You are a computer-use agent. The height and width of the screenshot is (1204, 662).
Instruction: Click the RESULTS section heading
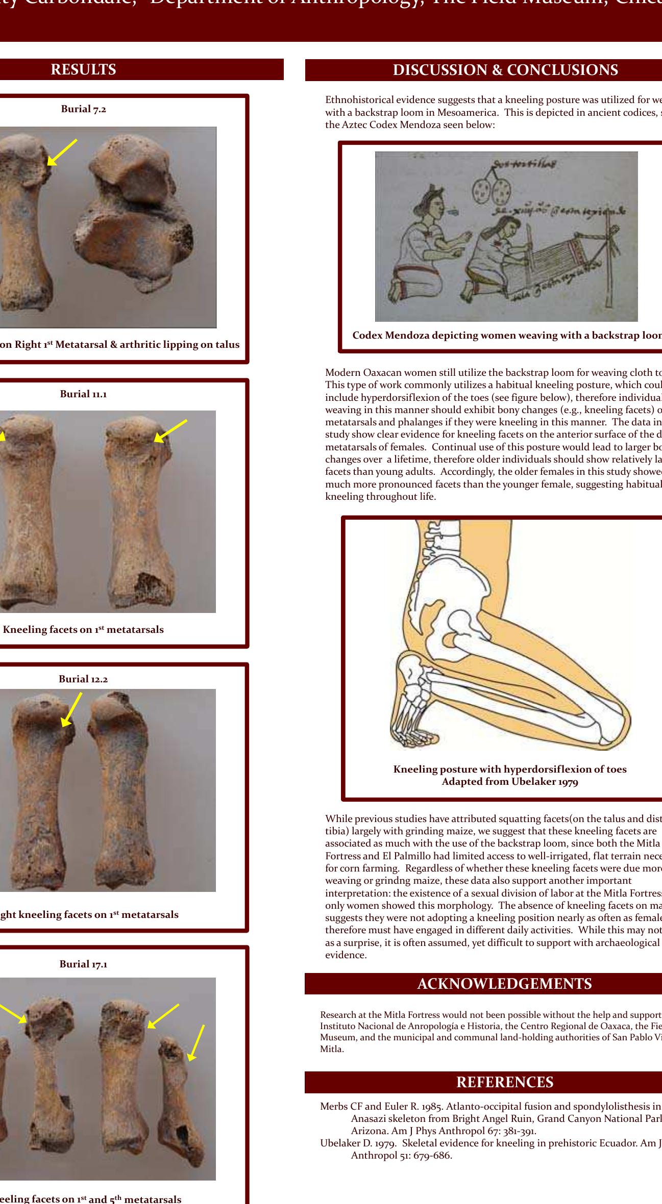point(83,69)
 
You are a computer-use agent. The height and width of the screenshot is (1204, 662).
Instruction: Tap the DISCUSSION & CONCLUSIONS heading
point(505,70)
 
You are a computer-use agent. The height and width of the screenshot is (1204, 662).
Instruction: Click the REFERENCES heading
point(504,1082)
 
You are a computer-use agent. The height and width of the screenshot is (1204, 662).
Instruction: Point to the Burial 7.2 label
point(84,109)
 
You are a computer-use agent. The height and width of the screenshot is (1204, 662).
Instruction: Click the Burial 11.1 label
point(84,394)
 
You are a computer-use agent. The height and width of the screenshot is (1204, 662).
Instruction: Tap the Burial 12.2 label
point(84,679)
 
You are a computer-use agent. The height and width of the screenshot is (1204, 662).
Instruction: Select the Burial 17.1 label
point(84,964)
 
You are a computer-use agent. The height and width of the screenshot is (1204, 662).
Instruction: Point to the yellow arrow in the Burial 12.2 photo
point(71,709)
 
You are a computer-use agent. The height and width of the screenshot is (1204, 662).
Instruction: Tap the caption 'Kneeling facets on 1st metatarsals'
point(83,629)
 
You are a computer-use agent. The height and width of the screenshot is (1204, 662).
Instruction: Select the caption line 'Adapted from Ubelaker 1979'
point(509,782)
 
